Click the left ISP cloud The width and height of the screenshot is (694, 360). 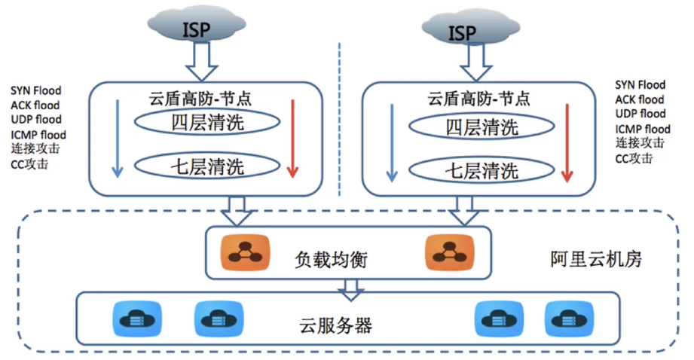tap(194, 28)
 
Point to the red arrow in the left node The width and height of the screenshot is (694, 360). tap(293, 139)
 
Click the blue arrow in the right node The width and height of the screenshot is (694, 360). tap(391, 143)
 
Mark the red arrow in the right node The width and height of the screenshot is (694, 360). tap(567, 143)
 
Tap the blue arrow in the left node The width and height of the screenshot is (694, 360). tap(117, 139)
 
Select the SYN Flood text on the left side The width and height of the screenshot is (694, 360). tap(36, 90)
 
